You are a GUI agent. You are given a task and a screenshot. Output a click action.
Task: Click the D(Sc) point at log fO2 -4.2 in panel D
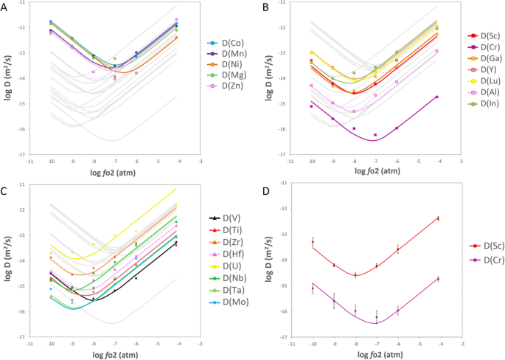[x=438, y=218]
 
